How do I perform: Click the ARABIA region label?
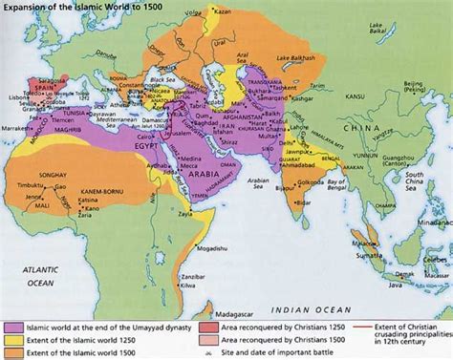[x=198, y=159]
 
